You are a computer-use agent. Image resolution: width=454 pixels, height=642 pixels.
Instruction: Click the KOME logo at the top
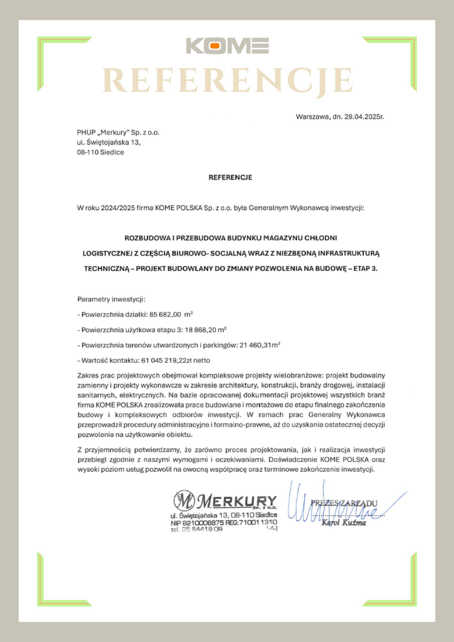click(x=227, y=46)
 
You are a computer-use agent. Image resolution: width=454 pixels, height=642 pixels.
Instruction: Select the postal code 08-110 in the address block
click(x=87, y=152)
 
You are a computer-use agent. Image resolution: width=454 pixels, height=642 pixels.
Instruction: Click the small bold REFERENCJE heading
click(x=230, y=178)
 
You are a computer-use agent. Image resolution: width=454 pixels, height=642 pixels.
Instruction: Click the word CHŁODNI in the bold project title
click(x=321, y=238)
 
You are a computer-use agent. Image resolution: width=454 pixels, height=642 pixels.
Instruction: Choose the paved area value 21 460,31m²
click(x=260, y=345)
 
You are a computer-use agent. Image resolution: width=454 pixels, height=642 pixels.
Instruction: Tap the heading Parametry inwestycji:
click(x=111, y=299)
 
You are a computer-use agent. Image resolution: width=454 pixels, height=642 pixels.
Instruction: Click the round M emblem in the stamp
click(x=184, y=501)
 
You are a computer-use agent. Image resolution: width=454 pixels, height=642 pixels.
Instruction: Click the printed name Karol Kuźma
click(x=344, y=523)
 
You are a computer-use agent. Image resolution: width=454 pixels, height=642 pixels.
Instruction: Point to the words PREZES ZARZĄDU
click(x=344, y=503)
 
